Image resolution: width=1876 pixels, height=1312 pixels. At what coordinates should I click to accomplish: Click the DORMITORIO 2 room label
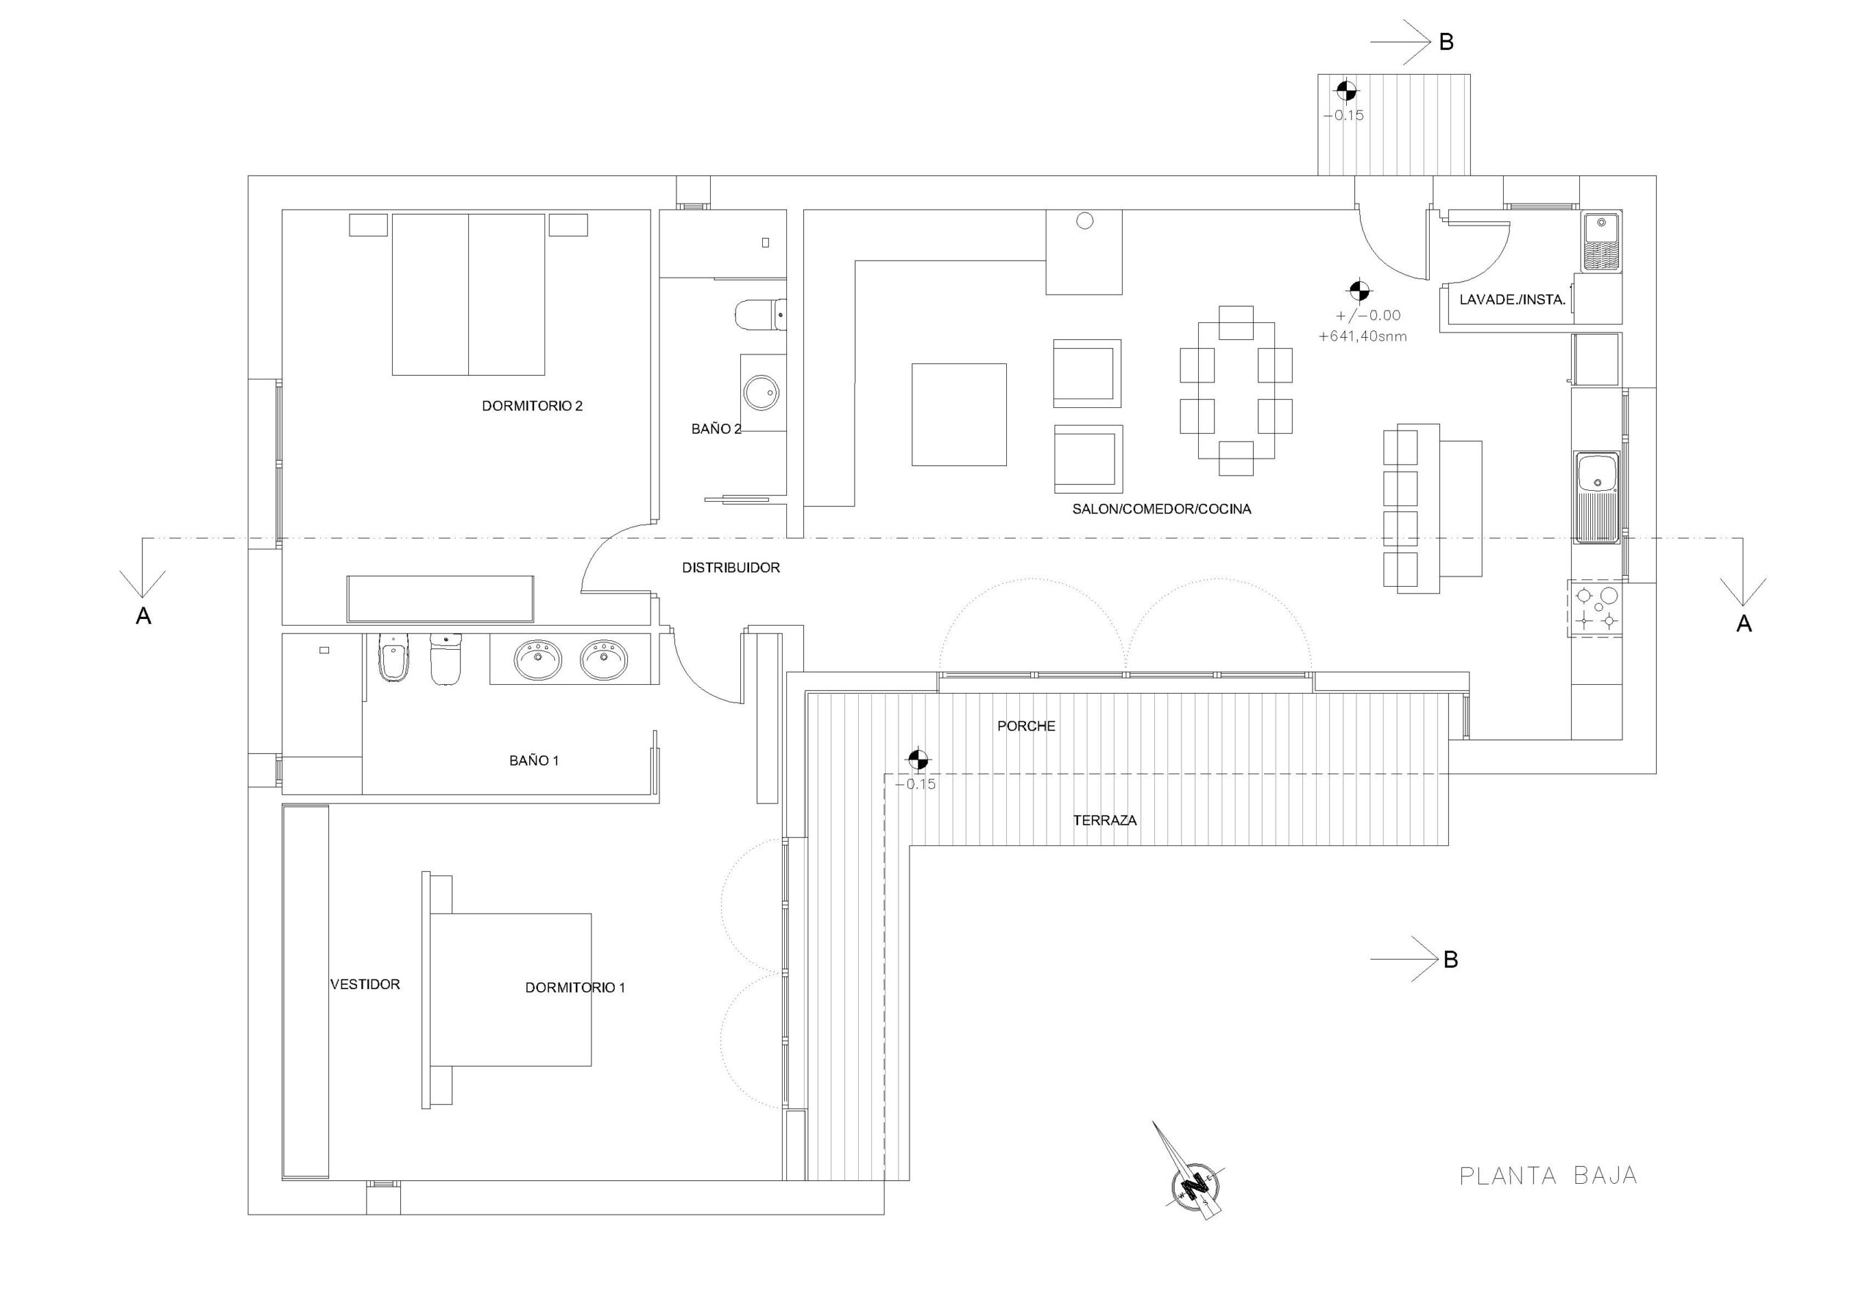tap(532, 406)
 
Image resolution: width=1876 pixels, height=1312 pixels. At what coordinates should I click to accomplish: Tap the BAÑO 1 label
tap(533, 760)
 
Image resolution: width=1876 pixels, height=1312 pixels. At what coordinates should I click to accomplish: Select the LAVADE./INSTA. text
tap(1513, 300)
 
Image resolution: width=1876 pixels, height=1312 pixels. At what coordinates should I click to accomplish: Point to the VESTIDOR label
tap(364, 985)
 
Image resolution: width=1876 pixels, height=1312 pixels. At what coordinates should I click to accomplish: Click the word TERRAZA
tap(1104, 820)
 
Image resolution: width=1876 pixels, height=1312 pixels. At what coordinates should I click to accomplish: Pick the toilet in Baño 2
tap(761, 315)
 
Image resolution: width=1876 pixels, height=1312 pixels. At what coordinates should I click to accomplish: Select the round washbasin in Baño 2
tap(763, 393)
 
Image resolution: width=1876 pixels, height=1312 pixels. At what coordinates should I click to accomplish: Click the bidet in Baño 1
tap(392, 659)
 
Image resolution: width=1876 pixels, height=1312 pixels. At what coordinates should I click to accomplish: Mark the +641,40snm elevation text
tap(1363, 336)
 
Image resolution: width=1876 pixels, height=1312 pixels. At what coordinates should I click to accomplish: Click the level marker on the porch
tap(918, 759)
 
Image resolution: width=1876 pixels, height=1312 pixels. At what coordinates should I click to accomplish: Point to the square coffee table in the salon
tap(959, 415)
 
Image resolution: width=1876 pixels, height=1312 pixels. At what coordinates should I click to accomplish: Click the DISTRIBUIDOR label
tap(731, 568)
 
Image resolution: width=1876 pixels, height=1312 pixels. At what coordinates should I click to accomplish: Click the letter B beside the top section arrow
tap(1447, 42)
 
